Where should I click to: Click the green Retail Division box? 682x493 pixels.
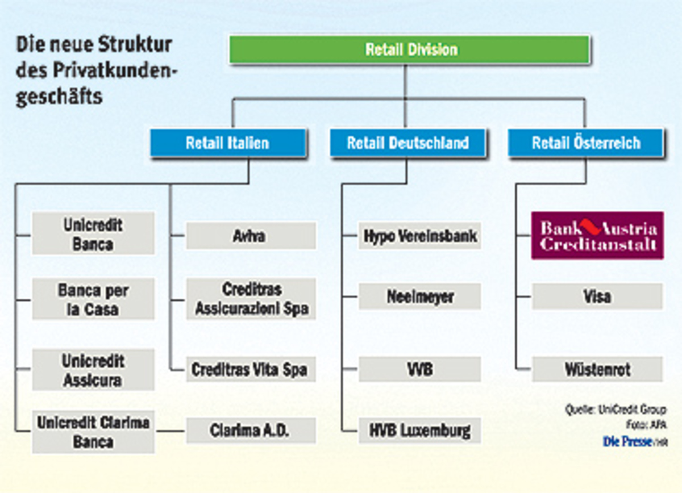tap(410, 49)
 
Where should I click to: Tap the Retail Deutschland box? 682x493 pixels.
tap(407, 143)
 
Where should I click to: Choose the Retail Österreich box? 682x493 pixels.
tap(585, 143)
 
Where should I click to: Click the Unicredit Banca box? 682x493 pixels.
tap(93, 233)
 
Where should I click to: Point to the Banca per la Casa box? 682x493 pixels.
tap(93, 299)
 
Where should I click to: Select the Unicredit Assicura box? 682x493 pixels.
tap(93, 370)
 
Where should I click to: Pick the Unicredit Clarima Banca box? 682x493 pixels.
tap(93, 432)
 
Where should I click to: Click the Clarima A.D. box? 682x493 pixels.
tap(251, 431)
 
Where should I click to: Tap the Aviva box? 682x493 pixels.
tap(251, 235)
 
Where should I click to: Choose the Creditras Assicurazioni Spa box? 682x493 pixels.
tap(251, 299)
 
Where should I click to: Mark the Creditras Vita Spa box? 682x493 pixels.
tap(251, 369)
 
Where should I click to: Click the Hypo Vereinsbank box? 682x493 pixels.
tap(420, 235)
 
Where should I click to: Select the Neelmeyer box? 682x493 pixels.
tap(420, 296)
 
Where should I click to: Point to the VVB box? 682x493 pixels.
tap(420, 369)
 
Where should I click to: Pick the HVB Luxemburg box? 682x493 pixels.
tap(420, 430)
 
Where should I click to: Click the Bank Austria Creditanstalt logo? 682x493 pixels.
tap(597, 236)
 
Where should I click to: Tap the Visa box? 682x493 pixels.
tap(597, 296)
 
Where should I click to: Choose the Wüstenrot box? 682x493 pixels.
tap(597, 369)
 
